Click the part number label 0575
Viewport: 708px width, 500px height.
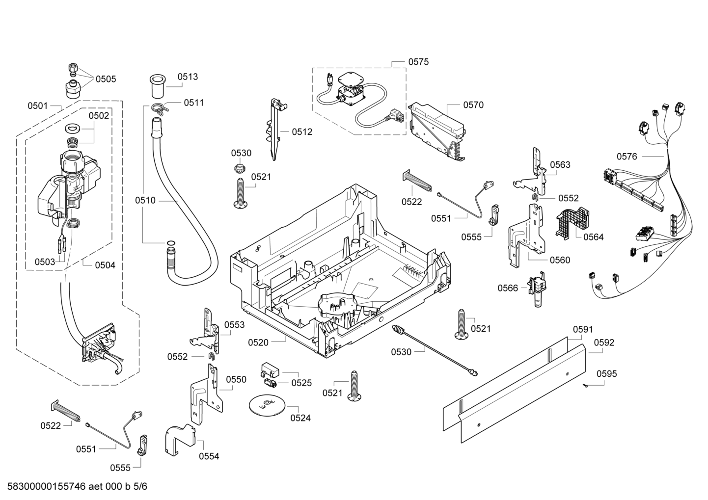click(418, 62)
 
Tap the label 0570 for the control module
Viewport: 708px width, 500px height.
click(473, 105)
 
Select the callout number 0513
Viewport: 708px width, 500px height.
click(188, 77)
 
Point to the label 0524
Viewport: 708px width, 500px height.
click(300, 418)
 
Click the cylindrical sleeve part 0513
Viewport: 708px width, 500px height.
click(158, 86)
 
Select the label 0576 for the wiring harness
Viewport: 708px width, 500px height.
click(627, 157)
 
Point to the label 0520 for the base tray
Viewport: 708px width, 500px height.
click(258, 342)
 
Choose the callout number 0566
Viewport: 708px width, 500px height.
click(508, 288)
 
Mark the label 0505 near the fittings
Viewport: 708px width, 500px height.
click(106, 79)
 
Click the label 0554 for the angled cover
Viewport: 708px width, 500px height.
click(209, 456)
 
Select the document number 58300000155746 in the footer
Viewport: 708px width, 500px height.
click(46, 486)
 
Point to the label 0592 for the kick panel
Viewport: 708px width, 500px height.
click(604, 342)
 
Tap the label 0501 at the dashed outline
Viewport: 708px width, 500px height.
click(38, 106)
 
